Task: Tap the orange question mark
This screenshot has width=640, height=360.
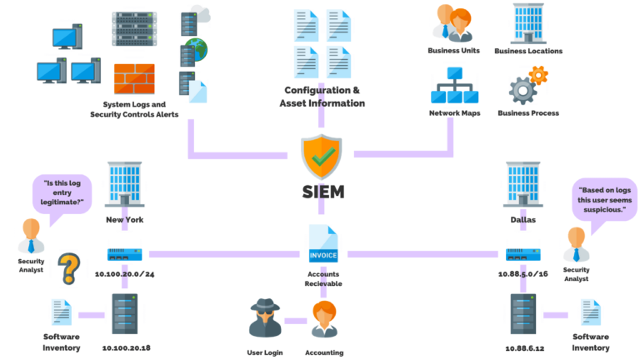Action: [70, 269]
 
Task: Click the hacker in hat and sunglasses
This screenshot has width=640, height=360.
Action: [266, 318]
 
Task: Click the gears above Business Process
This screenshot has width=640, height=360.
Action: [527, 86]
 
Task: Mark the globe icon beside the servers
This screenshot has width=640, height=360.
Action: [197, 47]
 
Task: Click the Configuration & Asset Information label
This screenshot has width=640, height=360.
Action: [322, 97]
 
